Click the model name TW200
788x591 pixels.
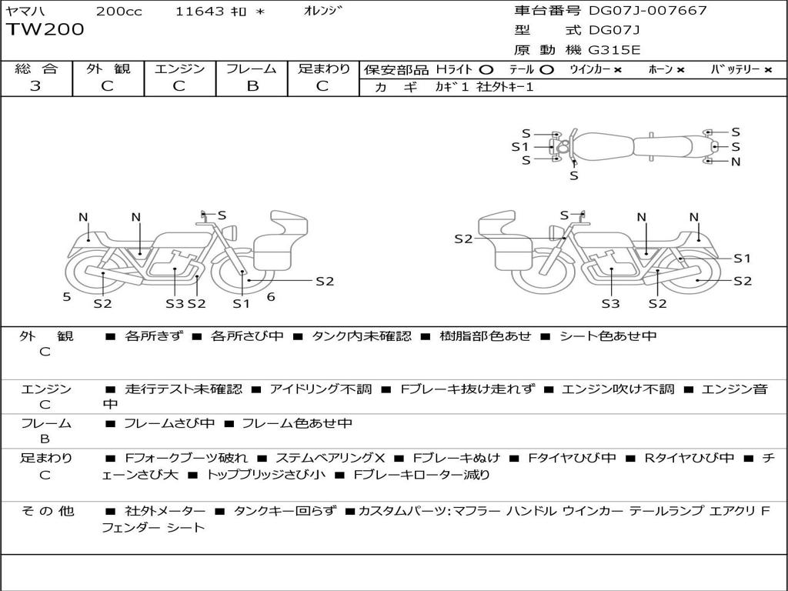45,30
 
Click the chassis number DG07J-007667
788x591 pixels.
648,11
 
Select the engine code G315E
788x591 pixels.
614,50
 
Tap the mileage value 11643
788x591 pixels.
199,12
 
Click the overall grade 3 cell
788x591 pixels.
35,85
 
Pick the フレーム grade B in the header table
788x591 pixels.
252,86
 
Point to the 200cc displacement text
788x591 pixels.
119,12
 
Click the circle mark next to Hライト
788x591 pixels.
486,70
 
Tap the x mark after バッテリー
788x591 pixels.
767,70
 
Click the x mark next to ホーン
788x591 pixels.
680,70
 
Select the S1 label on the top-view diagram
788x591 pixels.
520,147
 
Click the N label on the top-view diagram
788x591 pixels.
736,162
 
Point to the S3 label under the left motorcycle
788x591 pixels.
175,303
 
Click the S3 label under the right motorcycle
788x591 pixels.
610,303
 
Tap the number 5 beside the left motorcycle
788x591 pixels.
67,297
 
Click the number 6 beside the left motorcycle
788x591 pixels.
271,297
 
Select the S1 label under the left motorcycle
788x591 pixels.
241,303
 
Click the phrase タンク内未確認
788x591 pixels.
362,336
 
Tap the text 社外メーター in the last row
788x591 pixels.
165,511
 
